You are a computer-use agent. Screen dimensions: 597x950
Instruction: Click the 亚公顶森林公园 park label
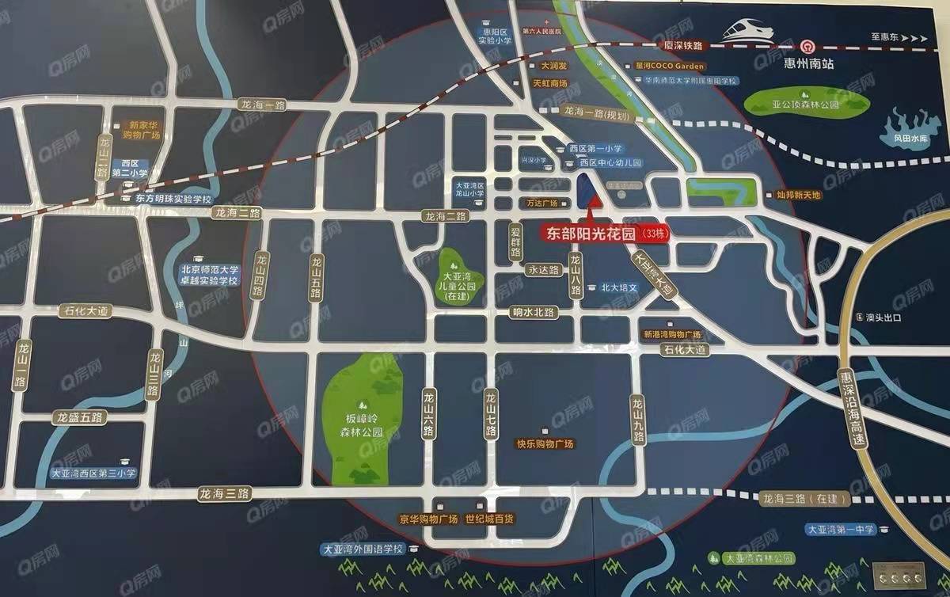[807, 102]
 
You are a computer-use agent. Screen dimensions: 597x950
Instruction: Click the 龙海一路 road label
[264, 105]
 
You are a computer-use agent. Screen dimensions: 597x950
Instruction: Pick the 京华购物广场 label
[428, 519]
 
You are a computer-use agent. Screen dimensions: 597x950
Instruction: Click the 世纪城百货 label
[489, 519]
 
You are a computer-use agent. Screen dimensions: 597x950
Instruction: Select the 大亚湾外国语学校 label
[363, 549]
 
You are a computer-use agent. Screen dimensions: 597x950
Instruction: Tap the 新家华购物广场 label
[145, 130]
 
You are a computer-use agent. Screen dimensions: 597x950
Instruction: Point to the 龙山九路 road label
[638, 420]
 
